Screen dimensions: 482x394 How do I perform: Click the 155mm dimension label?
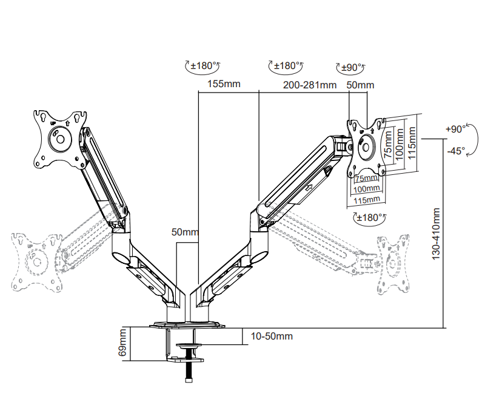click(x=224, y=84)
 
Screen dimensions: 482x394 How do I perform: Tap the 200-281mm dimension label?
click(x=310, y=85)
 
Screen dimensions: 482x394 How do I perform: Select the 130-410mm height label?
click(x=436, y=234)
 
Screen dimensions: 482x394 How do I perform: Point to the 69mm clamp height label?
click(x=122, y=343)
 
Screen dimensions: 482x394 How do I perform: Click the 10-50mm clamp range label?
click(x=272, y=337)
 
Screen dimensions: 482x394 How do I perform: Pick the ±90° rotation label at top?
click(x=351, y=67)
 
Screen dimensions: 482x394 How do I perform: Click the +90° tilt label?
click(x=455, y=129)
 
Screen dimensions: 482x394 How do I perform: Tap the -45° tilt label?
click(x=456, y=151)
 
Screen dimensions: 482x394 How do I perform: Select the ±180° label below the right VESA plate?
click(x=369, y=217)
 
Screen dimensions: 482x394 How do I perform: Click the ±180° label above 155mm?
click(x=203, y=65)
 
